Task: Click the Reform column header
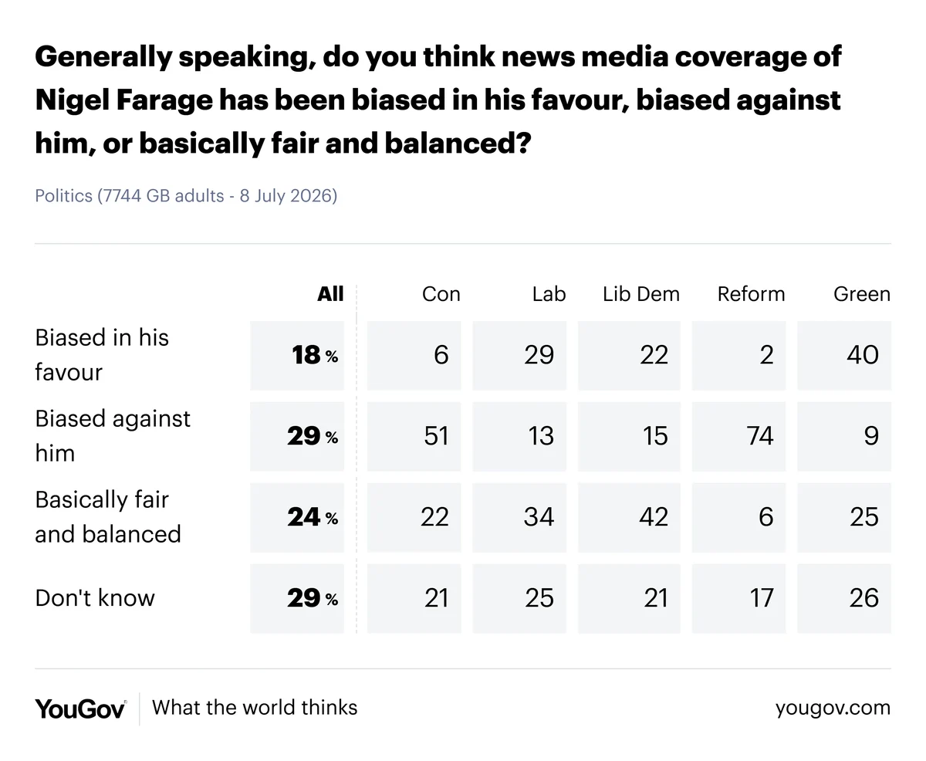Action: tap(751, 294)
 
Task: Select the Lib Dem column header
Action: tap(641, 294)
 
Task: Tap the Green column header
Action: tap(862, 294)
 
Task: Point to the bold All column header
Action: tap(330, 294)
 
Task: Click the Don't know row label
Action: tap(95, 597)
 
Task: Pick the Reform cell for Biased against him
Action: tap(738, 436)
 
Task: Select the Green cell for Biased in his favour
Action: tap(844, 355)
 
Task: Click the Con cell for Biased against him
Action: tap(414, 436)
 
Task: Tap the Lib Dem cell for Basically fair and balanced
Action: tap(629, 517)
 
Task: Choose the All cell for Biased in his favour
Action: tap(297, 355)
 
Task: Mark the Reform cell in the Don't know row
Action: tap(738, 598)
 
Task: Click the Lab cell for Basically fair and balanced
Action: tap(519, 517)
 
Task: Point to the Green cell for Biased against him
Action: tap(844, 436)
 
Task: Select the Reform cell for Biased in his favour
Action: tap(738, 355)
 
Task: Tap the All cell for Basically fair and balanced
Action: tap(297, 517)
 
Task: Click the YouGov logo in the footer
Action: tap(81, 709)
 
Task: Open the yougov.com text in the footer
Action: tap(833, 708)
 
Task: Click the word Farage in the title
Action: tap(164, 100)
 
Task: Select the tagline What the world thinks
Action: tap(255, 708)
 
